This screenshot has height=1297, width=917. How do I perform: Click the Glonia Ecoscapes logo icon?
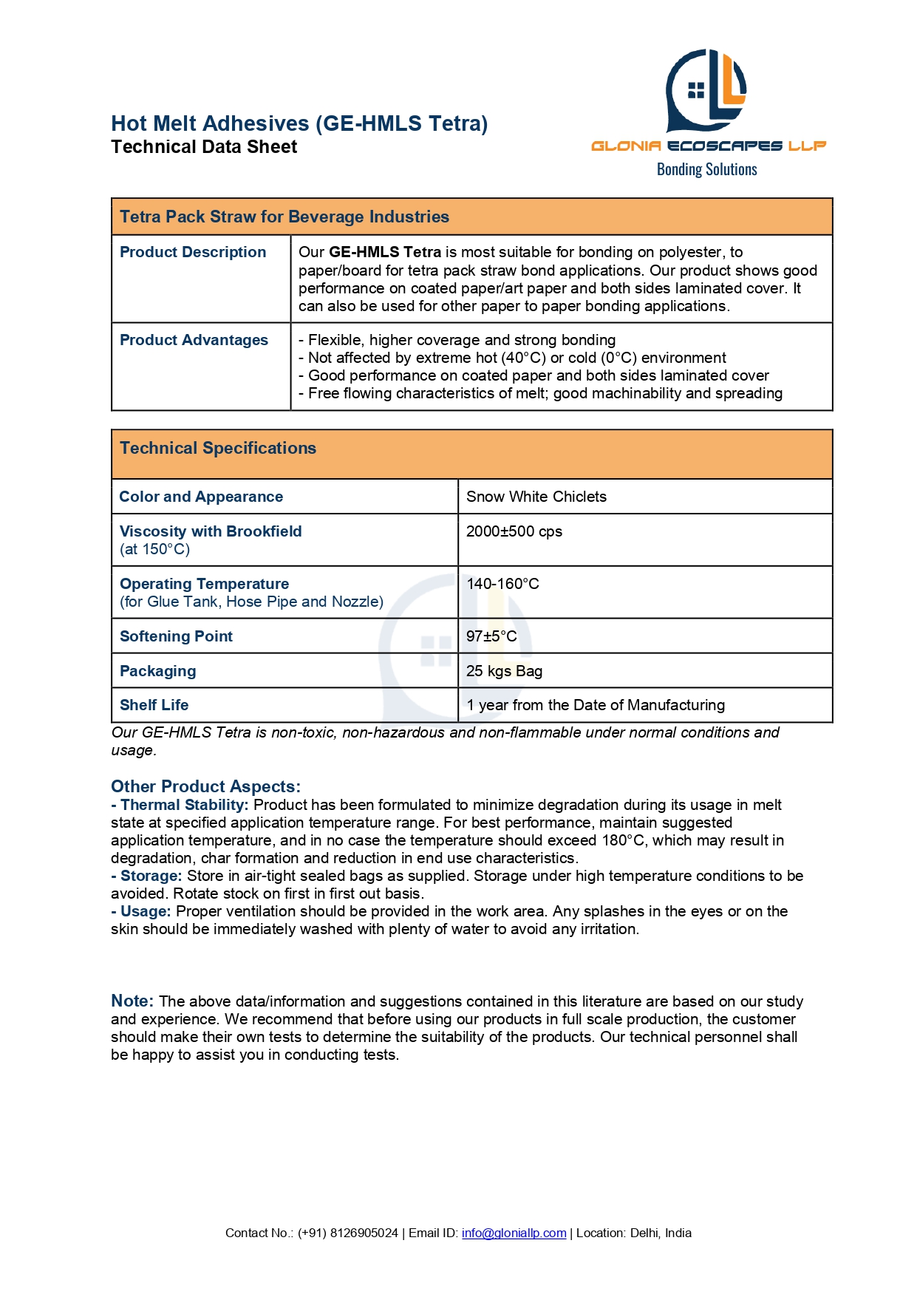(706, 89)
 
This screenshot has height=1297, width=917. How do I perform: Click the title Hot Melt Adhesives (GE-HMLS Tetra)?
(299, 123)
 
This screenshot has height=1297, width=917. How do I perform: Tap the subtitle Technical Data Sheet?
(204, 147)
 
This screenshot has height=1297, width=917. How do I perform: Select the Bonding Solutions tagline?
(706, 169)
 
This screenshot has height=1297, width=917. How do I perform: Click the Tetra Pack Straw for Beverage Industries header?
(284, 217)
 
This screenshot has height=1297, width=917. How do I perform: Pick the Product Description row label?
(193, 252)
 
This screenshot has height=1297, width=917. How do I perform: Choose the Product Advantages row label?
(194, 340)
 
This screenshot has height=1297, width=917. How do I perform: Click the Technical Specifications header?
(218, 448)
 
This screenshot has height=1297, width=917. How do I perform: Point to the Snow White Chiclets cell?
(536, 497)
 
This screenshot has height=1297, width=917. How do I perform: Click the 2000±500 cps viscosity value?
(514, 531)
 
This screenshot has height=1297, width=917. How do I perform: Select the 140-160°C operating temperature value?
(502, 584)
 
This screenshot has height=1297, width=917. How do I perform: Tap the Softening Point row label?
(176, 636)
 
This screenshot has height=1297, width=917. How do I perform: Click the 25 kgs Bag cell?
(504, 671)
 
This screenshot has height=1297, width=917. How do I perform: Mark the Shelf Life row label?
(154, 705)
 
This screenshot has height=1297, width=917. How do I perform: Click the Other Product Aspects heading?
(205, 786)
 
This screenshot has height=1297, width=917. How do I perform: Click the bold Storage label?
(151, 876)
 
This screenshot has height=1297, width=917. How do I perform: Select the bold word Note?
(132, 1001)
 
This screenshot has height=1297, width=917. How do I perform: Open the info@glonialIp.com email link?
(514, 1233)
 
